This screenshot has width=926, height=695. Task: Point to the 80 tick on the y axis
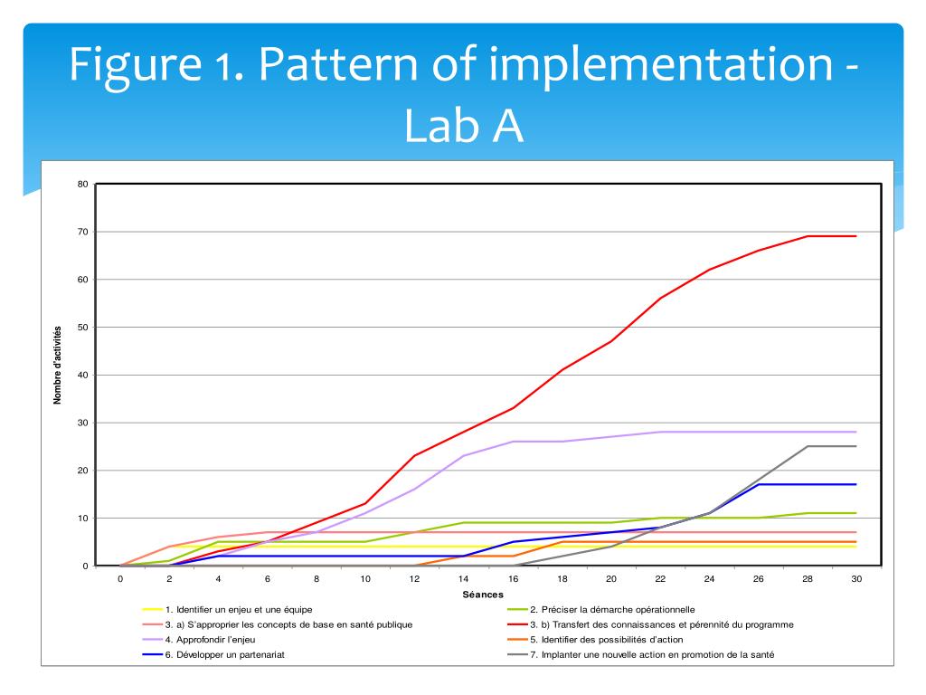click(82, 185)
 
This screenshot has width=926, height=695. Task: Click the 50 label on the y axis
click(82, 328)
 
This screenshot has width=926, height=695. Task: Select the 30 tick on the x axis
click(855, 579)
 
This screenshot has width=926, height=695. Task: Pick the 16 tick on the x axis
click(513, 579)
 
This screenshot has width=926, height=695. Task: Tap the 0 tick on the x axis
click(120, 579)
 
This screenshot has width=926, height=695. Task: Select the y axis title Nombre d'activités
click(57, 364)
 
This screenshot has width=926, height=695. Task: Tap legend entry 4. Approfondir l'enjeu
click(216, 640)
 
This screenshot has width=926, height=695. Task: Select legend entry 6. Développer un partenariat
click(231, 654)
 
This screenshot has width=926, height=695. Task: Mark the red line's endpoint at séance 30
click(855, 236)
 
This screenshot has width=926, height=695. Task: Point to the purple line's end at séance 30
click(855, 432)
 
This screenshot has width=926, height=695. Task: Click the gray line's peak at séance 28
click(807, 446)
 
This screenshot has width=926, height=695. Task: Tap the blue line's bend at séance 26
click(758, 484)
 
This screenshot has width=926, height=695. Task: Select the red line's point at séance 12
click(414, 455)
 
